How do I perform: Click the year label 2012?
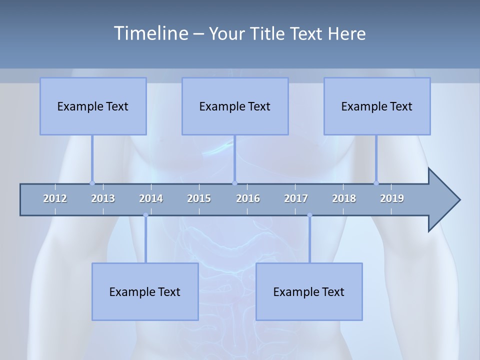coord(55,198)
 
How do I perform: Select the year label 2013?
coord(103,198)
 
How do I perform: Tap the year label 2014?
coord(151,198)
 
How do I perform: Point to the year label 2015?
coord(199,198)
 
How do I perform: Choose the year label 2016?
coord(248,198)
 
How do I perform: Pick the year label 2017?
coord(296,198)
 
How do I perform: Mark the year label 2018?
coord(344,198)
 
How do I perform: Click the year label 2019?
coord(392,198)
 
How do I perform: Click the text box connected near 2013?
coord(93,106)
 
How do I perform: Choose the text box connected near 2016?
coord(235,106)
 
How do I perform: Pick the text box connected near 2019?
coord(377,106)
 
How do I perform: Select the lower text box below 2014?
coord(145,291)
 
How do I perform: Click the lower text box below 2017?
coord(309,291)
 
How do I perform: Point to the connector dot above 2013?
coord(92,183)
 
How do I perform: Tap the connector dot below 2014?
coord(145,215)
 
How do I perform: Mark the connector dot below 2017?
coord(309,215)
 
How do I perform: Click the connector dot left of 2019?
coord(376,183)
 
